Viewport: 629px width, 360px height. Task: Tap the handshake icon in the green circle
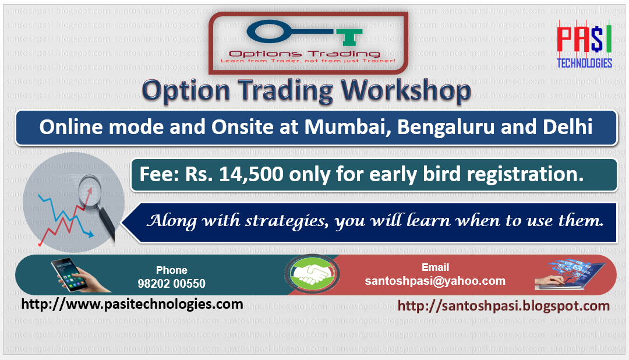[313, 274]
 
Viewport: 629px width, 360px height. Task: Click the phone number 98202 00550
[171, 284]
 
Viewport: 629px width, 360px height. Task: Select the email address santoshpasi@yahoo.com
[435, 281]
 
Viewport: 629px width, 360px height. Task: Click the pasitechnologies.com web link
[132, 304]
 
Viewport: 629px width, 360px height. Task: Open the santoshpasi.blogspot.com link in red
[503, 306]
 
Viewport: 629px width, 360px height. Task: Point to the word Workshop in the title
[406, 91]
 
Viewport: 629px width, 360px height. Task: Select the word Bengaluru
[446, 128]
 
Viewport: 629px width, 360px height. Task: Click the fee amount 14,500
[251, 175]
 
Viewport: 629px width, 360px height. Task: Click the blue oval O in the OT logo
[268, 31]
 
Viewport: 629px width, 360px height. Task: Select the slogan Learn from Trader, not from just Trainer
[308, 61]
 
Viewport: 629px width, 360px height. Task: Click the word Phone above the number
[172, 270]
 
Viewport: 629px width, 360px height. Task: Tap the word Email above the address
[435, 267]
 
